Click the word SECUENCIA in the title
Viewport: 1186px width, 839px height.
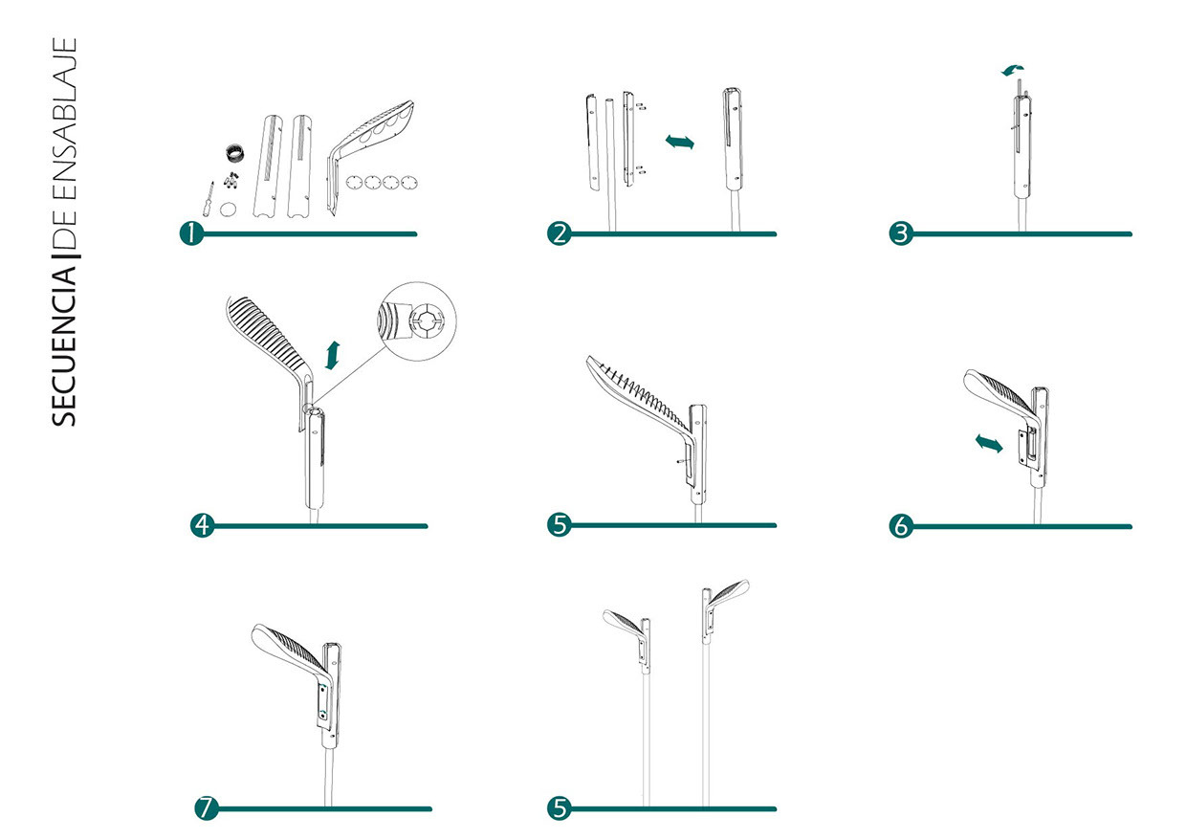pos(65,344)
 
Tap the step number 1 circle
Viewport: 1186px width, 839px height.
pos(193,233)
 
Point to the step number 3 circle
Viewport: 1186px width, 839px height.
pos(900,233)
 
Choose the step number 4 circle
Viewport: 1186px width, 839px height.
pos(203,525)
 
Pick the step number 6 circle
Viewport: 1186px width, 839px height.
pos(900,525)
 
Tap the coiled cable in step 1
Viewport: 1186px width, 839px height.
pos(233,152)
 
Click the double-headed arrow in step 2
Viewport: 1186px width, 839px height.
pos(679,142)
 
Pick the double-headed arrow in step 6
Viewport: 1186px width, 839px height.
pos(988,443)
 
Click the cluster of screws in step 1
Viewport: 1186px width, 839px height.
pos(231,180)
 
